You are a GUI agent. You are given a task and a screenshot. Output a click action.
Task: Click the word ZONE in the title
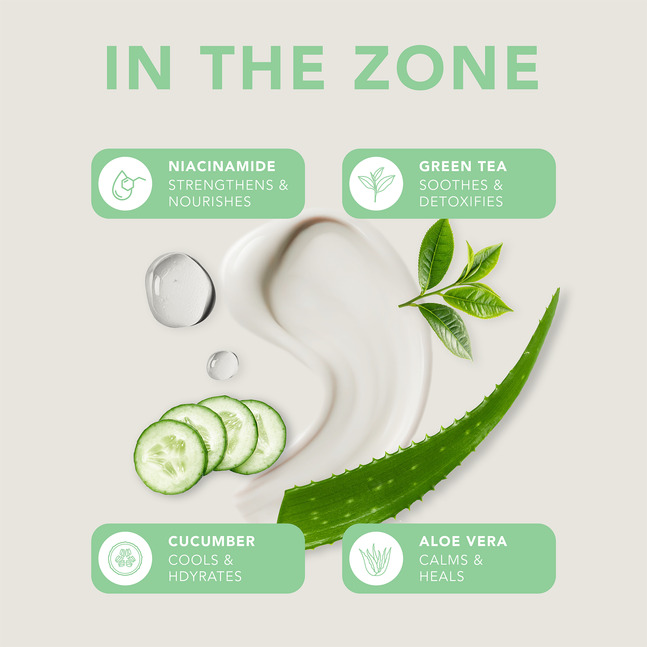point(446,68)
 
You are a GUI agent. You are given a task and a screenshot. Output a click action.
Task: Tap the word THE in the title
point(262,68)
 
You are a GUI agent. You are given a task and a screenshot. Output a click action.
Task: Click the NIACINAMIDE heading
point(222,166)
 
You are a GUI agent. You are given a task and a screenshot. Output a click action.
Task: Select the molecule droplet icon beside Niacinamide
point(125,183)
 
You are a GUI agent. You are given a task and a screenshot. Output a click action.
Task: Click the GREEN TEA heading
point(463,166)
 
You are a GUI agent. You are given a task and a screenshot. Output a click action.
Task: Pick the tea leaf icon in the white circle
point(376,183)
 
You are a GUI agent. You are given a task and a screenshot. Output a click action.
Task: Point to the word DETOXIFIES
point(461,202)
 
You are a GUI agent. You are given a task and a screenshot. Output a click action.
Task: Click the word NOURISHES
point(210,202)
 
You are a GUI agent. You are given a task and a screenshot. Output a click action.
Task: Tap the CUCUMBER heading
point(212,542)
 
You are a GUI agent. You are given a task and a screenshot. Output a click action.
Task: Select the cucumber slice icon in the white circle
point(125,559)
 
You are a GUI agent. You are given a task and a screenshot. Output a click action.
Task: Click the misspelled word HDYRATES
point(205,576)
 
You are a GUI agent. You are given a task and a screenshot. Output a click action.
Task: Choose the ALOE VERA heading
point(463,542)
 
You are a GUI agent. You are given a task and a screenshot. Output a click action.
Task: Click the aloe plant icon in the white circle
point(376,559)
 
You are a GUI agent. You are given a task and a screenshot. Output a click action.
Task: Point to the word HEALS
point(442,576)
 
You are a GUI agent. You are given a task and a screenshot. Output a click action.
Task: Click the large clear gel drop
point(180,290)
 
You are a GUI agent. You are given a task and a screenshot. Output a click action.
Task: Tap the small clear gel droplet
point(222,365)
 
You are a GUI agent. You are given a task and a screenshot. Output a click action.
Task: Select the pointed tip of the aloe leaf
point(557,291)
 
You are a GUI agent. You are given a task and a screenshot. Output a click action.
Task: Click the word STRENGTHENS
point(221,185)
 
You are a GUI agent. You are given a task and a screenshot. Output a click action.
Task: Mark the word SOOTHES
point(454,185)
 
